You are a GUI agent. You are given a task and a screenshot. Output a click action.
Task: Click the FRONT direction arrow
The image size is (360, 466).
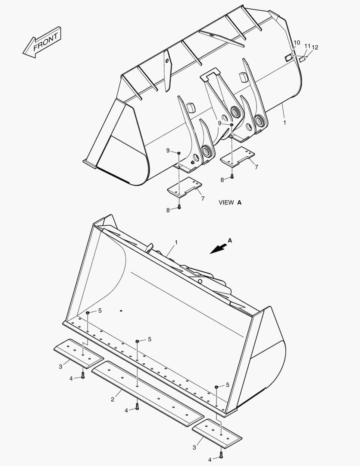click(42, 42)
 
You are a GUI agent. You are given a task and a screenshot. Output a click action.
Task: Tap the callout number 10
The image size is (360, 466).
click(297, 42)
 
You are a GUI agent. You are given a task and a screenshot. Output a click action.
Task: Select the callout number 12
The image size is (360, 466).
click(315, 47)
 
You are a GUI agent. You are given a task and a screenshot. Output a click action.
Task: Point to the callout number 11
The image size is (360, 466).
click(307, 46)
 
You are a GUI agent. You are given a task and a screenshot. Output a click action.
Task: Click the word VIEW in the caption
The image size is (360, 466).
click(226, 202)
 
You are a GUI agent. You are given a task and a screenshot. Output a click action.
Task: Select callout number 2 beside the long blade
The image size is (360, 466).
click(113, 399)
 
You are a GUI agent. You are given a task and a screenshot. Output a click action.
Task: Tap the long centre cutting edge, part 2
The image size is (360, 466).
click(147, 392)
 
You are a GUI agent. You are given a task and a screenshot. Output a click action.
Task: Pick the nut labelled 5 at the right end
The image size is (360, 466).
click(216, 387)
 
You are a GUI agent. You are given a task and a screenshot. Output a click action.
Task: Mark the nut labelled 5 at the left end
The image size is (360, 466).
click(88, 312)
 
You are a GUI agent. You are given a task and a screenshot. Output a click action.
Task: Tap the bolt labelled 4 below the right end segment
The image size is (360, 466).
click(221, 454)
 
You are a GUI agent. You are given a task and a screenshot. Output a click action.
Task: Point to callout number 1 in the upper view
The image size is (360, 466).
click(284, 123)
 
